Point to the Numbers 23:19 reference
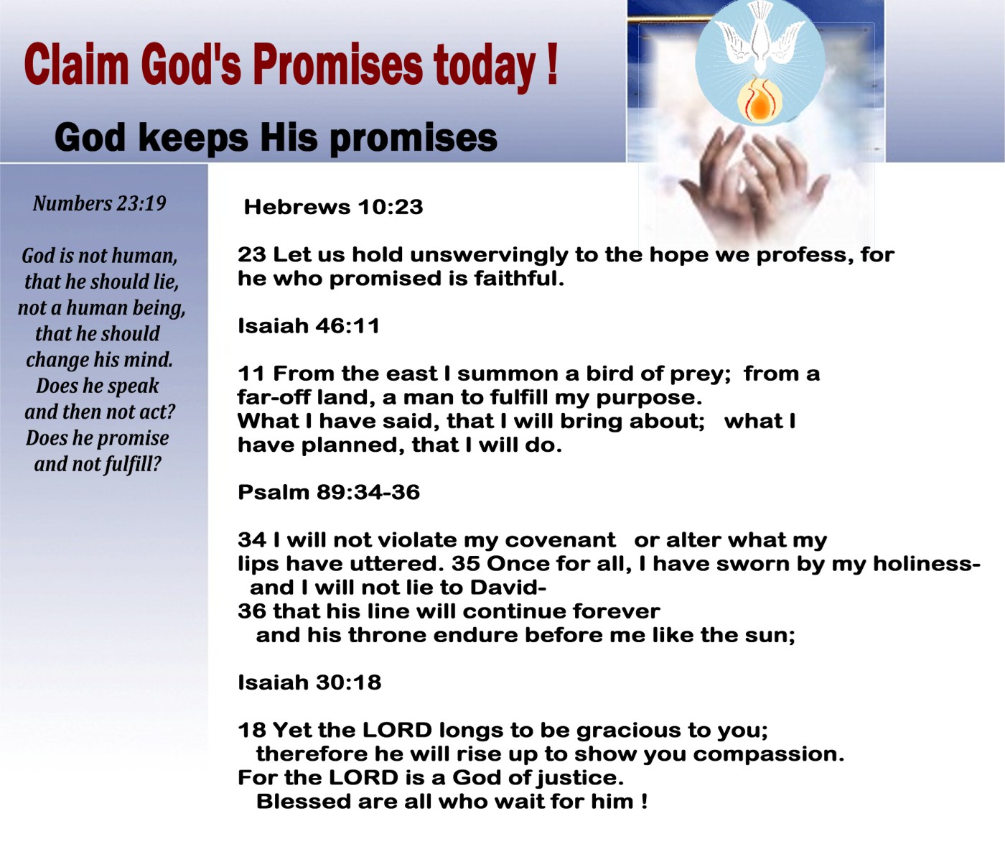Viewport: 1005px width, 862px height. tap(100, 203)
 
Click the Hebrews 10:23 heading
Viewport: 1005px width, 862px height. tap(334, 207)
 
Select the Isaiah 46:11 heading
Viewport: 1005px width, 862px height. tap(308, 326)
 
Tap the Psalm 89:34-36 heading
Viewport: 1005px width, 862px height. tap(329, 492)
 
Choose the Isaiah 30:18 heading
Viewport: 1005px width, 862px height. tap(309, 682)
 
